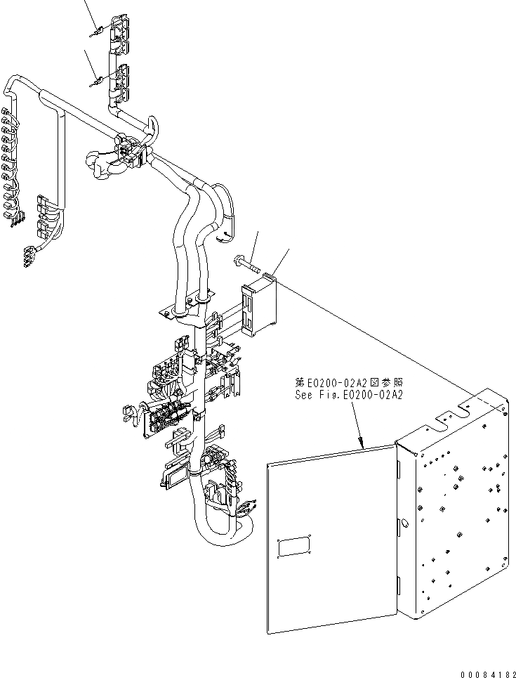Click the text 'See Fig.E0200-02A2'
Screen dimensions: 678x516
[348, 395]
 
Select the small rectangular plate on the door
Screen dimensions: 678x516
[294, 547]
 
